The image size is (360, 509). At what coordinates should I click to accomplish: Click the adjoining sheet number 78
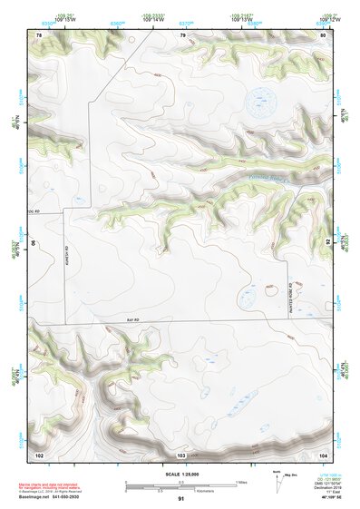coord(39,34)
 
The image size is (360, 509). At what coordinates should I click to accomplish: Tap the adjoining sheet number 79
coord(182,34)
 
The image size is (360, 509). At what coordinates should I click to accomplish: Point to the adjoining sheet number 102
coord(39,453)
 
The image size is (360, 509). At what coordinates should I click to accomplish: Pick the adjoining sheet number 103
coord(181,453)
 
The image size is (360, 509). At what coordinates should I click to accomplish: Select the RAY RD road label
coord(133,319)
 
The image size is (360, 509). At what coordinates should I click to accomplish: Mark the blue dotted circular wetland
coord(263,100)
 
